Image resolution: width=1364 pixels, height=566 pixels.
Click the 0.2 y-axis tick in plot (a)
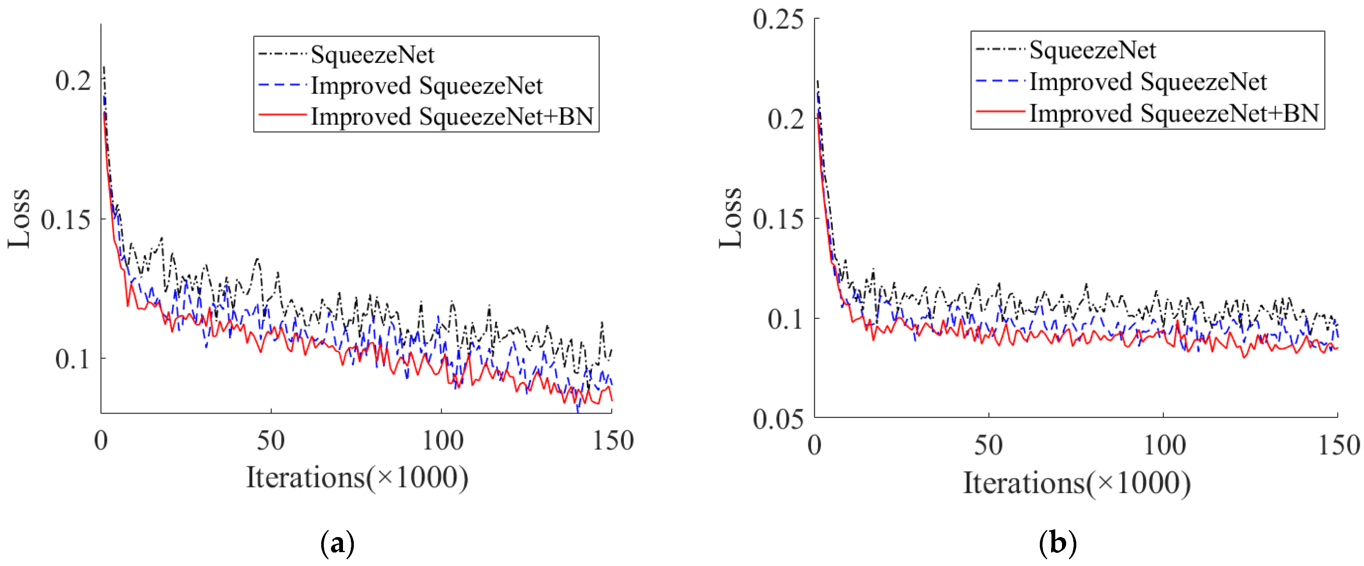point(73,80)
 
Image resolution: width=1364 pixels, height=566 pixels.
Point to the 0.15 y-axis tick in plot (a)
point(66,219)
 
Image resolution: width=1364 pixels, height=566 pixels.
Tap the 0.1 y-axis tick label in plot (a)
point(73,359)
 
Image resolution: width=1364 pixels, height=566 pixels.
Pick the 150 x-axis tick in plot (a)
point(613,441)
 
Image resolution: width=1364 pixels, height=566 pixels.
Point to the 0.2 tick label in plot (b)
point(785,119)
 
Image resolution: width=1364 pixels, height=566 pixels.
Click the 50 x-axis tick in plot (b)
point(988,445)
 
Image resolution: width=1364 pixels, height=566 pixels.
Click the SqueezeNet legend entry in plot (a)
point(372,54)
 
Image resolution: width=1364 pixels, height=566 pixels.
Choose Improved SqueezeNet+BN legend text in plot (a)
point(452,116)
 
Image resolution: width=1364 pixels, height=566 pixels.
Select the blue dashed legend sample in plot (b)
point(1000,81)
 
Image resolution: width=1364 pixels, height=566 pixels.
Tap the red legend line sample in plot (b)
point(1000,112)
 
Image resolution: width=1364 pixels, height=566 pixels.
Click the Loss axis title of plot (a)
point(19,218)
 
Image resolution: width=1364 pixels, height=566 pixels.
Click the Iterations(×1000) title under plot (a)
point(357,478)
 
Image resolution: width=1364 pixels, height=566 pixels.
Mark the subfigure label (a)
point(337,543)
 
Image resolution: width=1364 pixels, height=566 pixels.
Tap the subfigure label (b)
point(1058,543)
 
